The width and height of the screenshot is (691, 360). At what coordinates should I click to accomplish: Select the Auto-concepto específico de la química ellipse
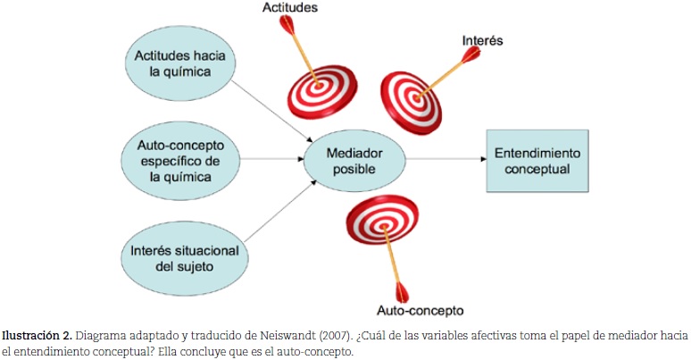point(186,160)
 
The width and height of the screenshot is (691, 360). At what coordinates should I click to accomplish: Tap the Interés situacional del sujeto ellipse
point(186,255)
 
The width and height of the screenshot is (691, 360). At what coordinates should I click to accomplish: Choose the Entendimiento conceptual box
point(537,160)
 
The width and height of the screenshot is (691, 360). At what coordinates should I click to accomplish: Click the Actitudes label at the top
point(291,8)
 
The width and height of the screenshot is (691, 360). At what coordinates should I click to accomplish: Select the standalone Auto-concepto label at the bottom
point(420,312)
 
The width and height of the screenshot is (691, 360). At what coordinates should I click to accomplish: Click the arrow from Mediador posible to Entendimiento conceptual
point(444,160)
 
